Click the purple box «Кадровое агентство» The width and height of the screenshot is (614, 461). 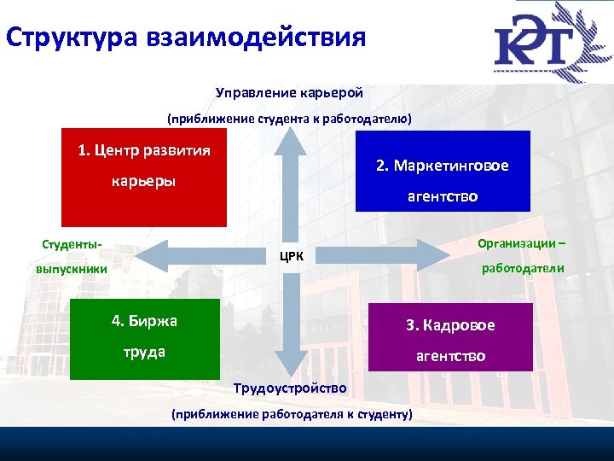pyautogui.click(x=449, y=337)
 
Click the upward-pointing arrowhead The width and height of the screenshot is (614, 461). pyautogui.click(x=290, y=145)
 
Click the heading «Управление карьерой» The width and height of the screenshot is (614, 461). pyautogui.click(x=290, y=91)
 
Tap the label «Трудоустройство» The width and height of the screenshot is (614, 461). pyautogui.click(x=290, y=388)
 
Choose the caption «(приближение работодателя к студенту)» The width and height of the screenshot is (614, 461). pyautogui.click(x=291, y=415)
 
